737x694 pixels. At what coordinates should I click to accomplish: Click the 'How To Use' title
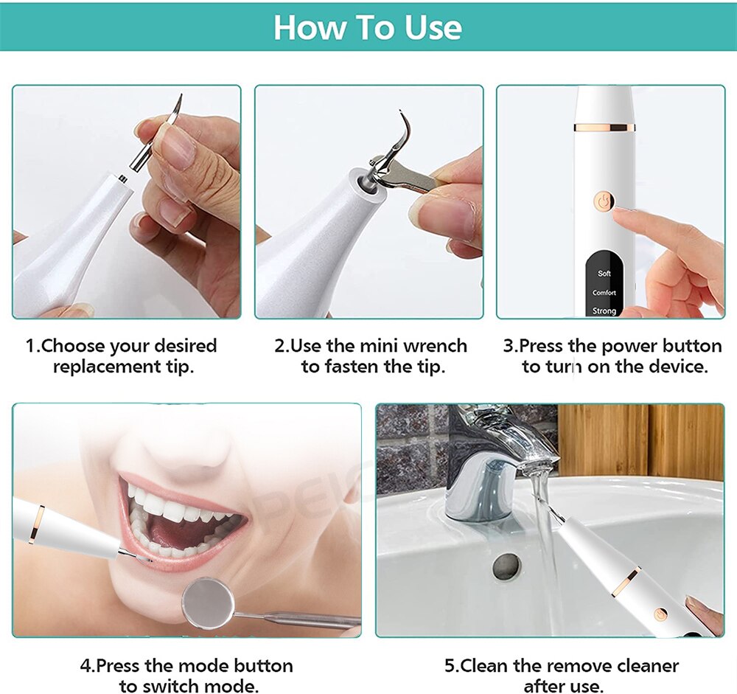(x=368, y=27)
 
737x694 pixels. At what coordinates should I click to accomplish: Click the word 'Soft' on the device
(x=604, y=274)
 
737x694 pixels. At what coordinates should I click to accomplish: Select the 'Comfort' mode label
(x=604, y=293)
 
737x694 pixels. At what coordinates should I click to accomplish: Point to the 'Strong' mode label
(x=604, y=311)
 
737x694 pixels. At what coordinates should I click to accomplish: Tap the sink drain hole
(x=506, y=566)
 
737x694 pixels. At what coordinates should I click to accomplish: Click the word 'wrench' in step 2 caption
(x=434, y=346)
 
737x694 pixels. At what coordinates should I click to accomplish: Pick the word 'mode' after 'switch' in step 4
(x=237, y=685)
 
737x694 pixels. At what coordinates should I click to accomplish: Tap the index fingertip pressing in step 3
(x=621, y=214)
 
